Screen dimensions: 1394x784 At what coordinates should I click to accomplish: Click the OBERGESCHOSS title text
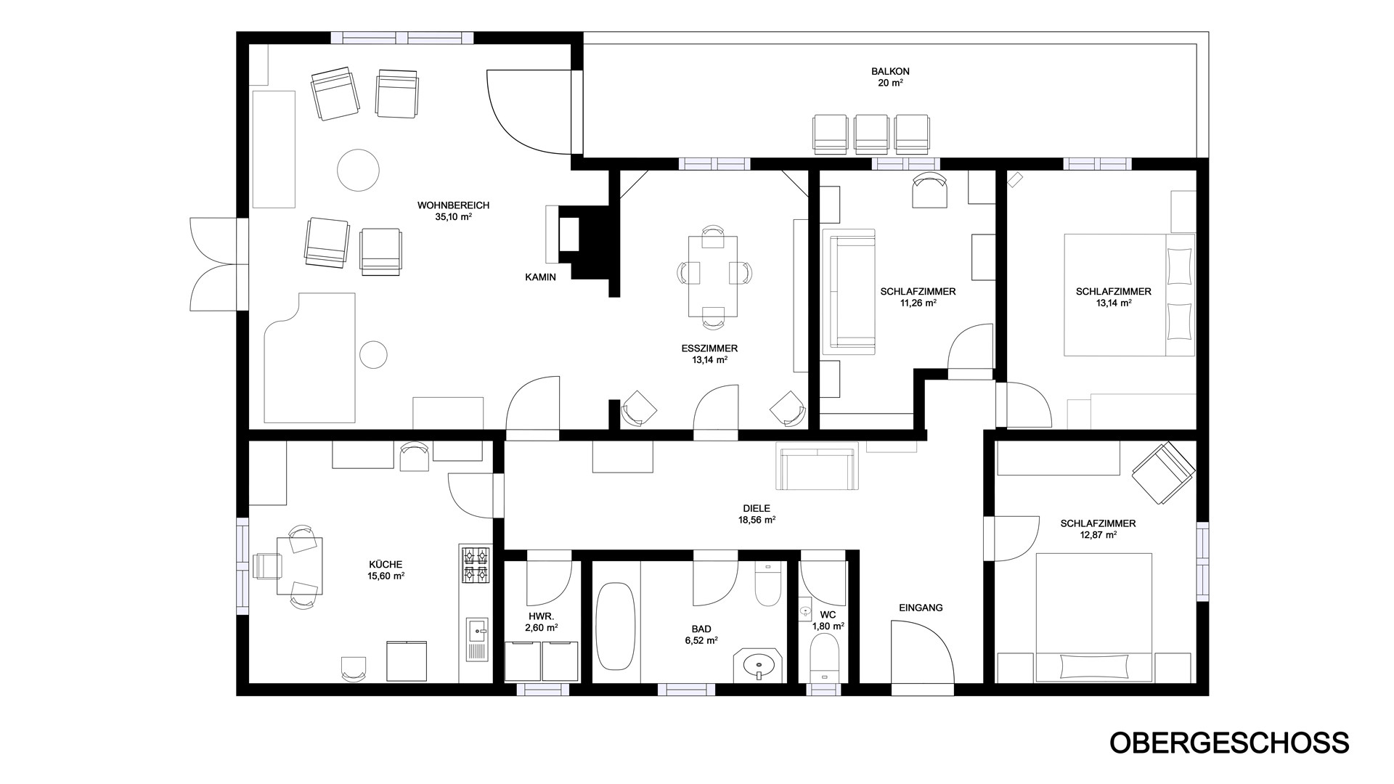point(1229,743)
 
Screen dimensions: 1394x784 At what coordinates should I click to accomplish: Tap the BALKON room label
point(890,71)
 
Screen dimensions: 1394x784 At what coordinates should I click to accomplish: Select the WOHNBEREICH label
point(453,205)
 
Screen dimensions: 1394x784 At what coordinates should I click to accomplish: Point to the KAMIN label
point(541,277)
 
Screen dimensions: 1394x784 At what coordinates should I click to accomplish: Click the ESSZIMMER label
point(709,348)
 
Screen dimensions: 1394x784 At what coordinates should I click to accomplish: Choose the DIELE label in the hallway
point(757,508)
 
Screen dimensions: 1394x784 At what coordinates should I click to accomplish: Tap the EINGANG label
point(921,608)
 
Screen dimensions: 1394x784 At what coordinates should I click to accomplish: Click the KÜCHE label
point(386,564)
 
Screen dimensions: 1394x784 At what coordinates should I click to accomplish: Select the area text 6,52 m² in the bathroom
point(701,640)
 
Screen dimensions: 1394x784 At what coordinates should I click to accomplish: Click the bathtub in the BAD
point(616,626)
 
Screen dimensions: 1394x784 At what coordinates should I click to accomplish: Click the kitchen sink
point(477,638)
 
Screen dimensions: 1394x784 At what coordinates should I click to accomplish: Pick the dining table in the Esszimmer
point(713,276)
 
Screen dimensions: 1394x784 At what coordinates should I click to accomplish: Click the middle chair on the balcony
point(871,134)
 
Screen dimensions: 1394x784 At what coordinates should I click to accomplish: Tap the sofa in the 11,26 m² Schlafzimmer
point(848,292)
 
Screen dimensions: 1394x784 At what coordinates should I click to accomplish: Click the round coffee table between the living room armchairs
point(359,170)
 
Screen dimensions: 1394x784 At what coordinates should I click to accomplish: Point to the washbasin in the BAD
point(759,664)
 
